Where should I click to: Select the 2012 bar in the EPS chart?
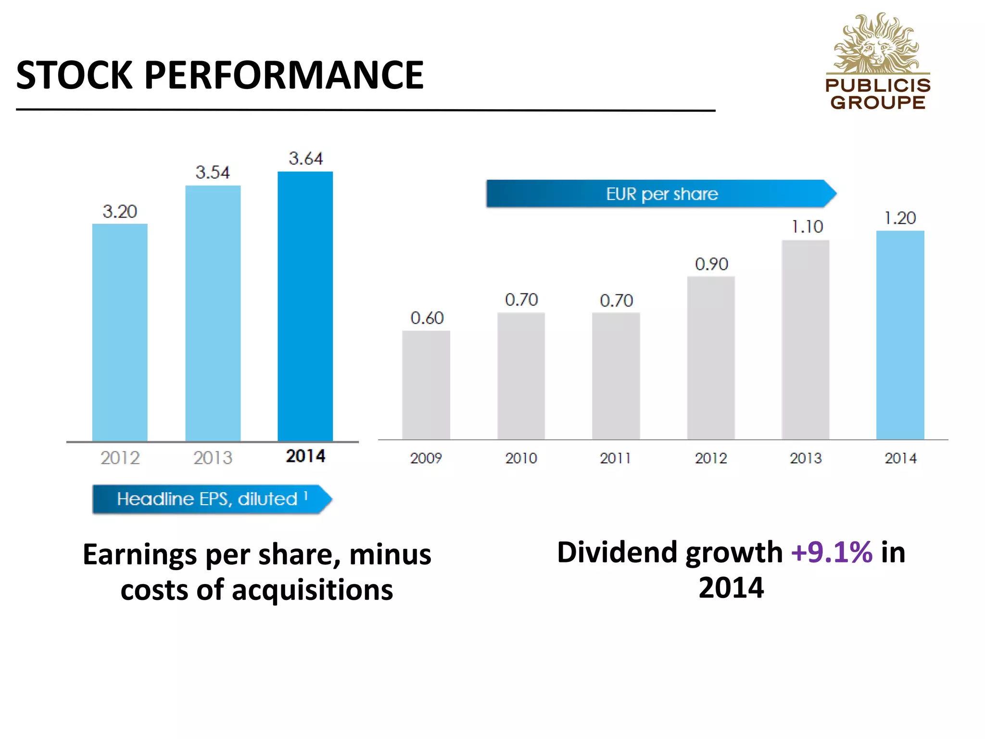coord(120,332)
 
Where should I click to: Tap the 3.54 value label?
coord(213,172)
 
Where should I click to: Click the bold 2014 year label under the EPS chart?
coord(305,456)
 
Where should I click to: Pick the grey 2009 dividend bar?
coord(426,385)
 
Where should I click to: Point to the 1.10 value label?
coord(807,227)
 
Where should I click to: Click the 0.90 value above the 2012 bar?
coord(711,264)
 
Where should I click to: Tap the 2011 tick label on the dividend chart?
coord(615,458)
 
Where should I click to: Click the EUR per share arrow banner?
coord(661,194)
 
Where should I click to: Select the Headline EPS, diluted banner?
coord(212,499)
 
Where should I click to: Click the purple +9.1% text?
coord(832,552)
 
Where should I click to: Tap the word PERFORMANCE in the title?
coord(284,75)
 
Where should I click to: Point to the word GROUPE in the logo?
coord(878,102)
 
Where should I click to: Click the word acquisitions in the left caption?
coord(312,590)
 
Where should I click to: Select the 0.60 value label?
coord(427,318)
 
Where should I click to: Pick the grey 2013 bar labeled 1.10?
coord(805,340)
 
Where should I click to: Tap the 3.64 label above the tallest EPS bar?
coord(305,158)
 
